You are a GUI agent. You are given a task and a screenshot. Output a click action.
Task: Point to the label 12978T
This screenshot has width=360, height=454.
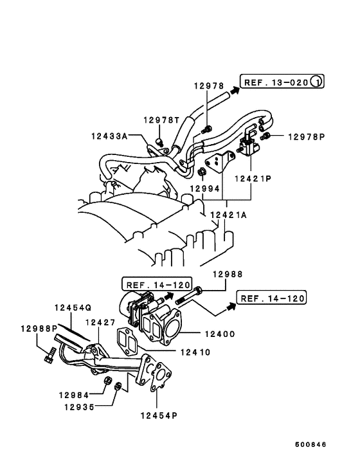(161, 120)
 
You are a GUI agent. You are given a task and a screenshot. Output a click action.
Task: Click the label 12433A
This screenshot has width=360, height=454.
(109, 136)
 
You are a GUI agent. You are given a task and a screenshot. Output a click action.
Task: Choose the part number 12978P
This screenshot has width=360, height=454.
(307, 136)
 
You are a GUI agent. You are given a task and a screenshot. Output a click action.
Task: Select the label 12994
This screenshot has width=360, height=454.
(204, 189)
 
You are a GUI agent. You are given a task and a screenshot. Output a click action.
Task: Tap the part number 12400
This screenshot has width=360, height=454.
(219, 334)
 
